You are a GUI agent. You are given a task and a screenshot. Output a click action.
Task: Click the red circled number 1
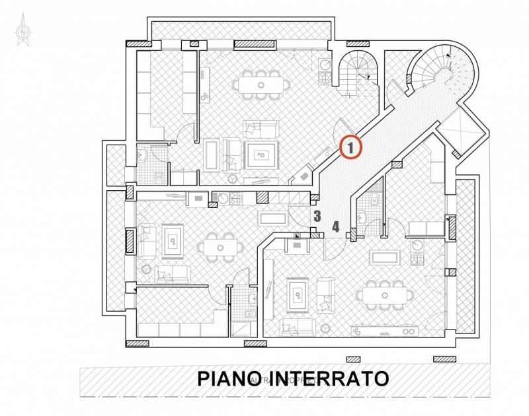tap(350, 147)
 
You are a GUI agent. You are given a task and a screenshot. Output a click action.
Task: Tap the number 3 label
tap(317, 215)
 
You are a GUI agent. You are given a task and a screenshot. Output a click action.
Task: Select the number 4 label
tap(336, 226)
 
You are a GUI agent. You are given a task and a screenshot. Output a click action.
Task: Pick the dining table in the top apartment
tap(261, 85)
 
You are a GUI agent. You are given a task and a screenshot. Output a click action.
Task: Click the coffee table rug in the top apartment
tap(262, 156)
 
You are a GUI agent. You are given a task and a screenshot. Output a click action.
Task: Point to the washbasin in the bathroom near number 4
tap(362, 215)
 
